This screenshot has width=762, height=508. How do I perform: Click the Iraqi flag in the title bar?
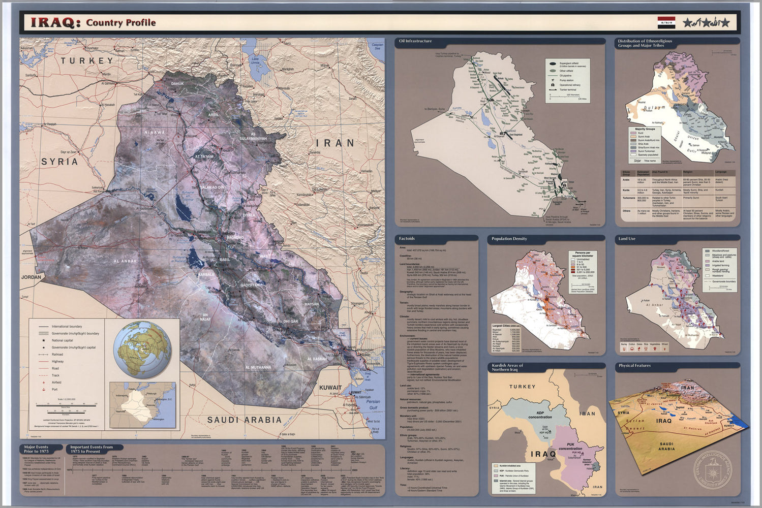[666, 22]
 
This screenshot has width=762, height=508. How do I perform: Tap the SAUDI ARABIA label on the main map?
[244, 420]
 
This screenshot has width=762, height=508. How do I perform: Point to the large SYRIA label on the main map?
[59, 162]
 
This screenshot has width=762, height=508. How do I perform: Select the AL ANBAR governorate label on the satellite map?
[125, 261]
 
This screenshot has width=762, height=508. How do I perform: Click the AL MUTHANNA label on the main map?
[258, 367]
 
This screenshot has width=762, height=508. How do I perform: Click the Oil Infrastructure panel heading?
[415, 41]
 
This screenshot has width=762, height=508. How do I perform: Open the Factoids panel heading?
[407, 239]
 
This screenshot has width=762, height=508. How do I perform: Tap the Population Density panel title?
[509, 239]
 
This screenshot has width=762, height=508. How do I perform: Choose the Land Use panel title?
[627, 239]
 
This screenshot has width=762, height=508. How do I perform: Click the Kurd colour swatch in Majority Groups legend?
[633, 133]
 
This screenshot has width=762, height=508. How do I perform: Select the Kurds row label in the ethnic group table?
[626, 190]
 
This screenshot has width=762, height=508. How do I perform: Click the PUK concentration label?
[570, 447]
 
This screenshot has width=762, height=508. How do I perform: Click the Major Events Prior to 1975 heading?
[36, 449]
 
